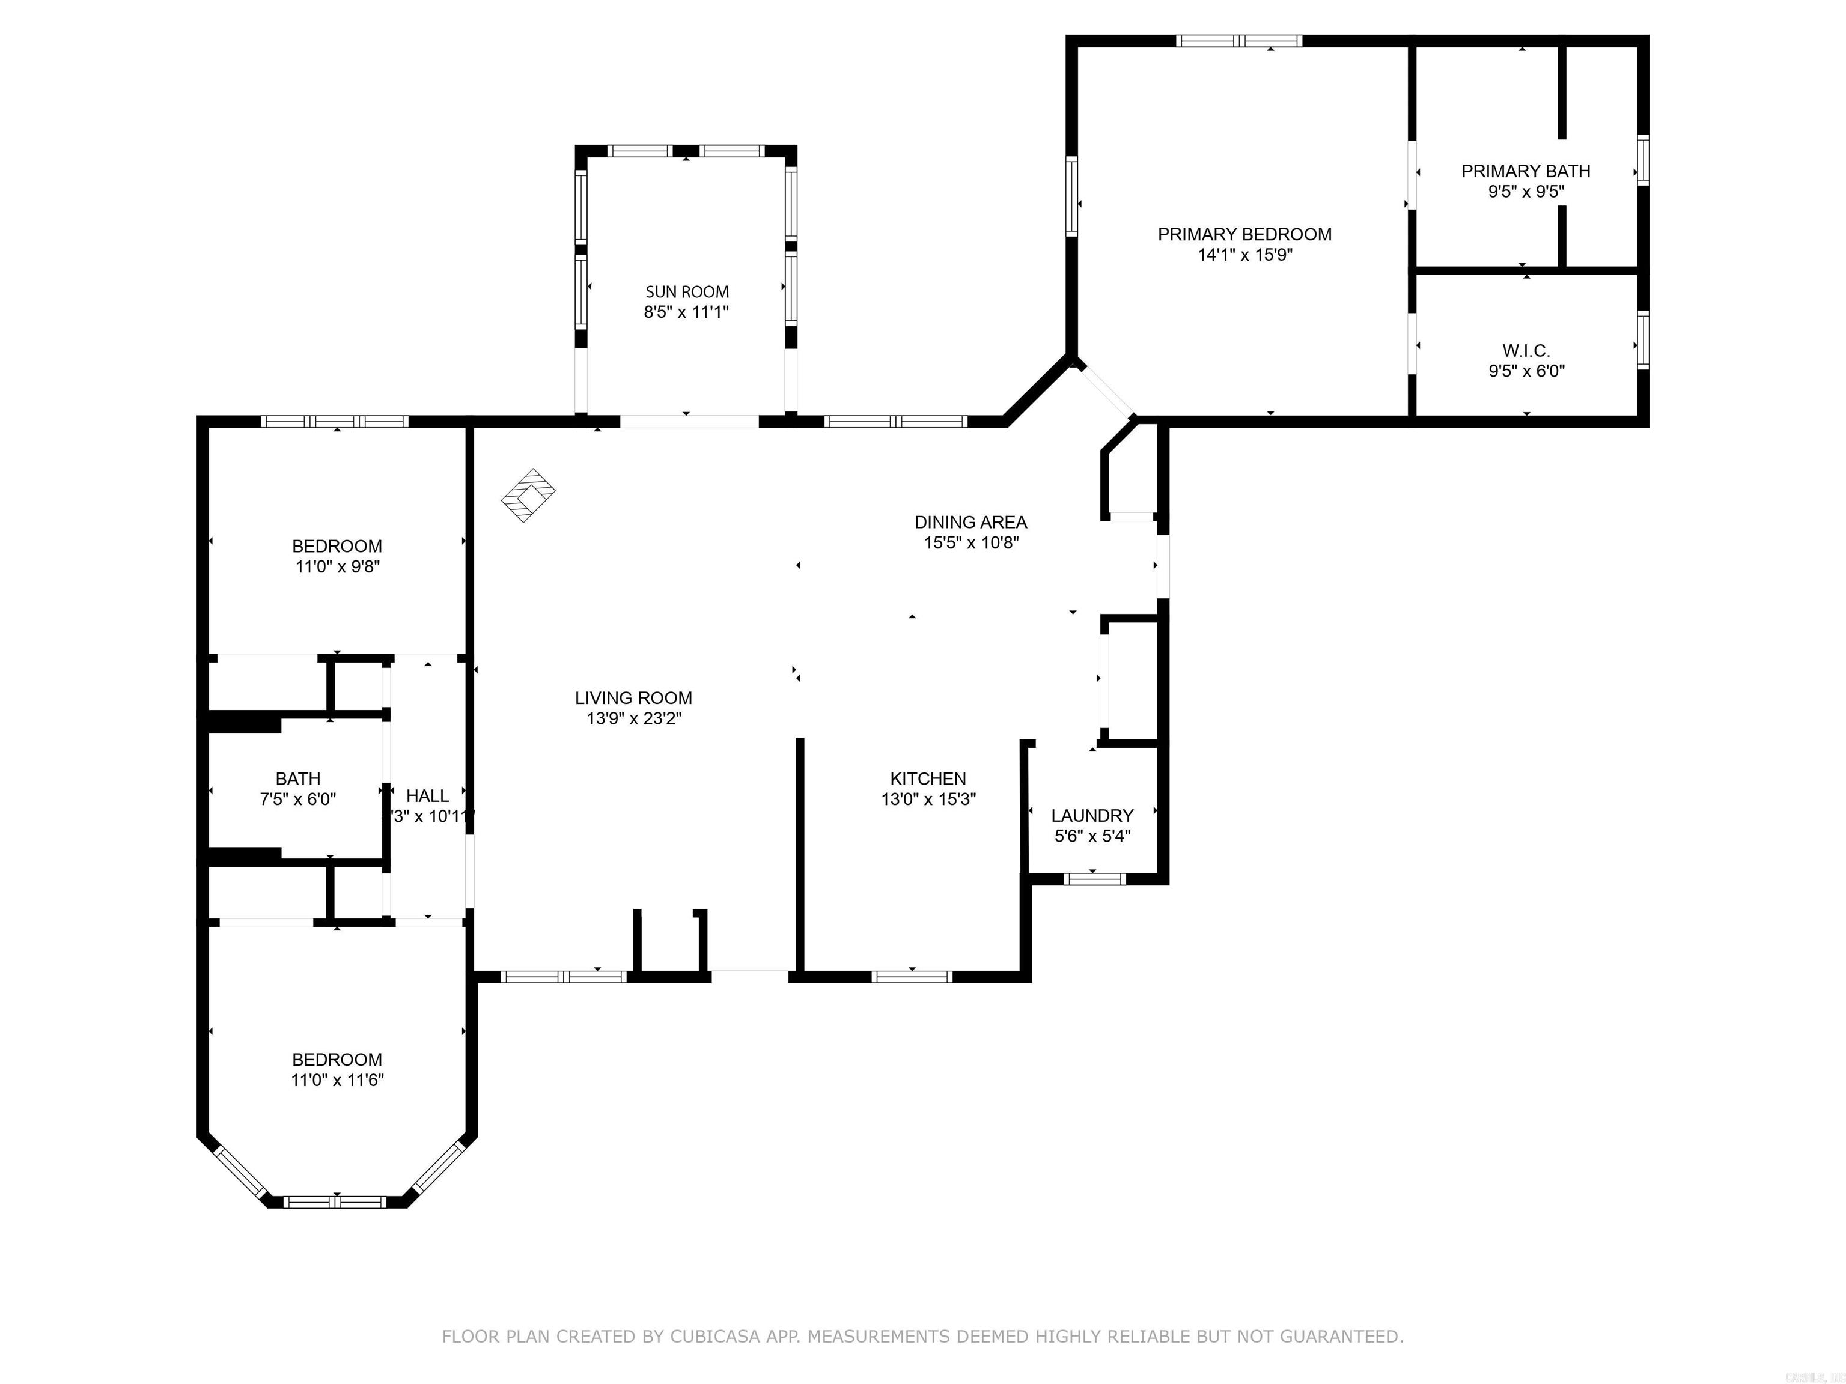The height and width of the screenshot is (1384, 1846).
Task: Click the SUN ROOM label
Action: [x=687, y=292]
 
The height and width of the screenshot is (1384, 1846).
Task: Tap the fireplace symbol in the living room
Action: [x=528, y=496]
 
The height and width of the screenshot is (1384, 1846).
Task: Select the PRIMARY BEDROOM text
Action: [x=1244, y=234]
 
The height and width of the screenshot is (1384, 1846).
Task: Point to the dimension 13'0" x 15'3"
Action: [x=928, y=799]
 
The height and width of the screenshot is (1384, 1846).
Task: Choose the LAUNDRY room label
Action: [x=1092, y=816]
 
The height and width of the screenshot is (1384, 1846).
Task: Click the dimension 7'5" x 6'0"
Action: [x=298, y=799]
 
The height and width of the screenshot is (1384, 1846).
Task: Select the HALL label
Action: [x=427, y=796]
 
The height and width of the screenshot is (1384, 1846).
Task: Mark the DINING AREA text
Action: [x=970, y=522]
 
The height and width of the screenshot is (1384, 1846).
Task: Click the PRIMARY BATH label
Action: [x=1526, y=171]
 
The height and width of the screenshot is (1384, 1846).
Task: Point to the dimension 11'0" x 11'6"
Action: [x=337, y=1080]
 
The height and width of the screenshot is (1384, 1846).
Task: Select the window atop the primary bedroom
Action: [x=1238, y=41]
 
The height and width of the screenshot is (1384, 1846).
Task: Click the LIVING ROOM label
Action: [x=633, y=698]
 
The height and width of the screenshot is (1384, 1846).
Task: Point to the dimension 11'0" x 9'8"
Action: [x=337, y=567]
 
